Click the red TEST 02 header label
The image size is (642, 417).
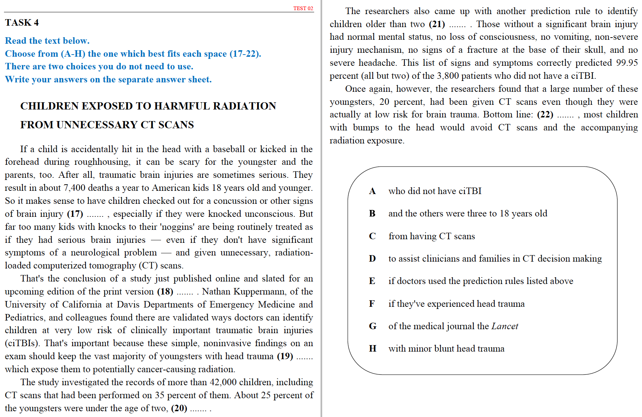click(303, 8)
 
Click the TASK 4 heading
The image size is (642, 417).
click(22, 23)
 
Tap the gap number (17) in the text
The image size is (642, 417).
click(75, 214)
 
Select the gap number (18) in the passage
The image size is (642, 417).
click(165, 292)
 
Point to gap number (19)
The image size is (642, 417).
click(285, 356)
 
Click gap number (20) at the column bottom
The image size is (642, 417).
click(179, 408)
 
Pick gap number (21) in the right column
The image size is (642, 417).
click(437, 24)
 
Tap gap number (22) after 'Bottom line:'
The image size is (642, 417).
click(545, 115)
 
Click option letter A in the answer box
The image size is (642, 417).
click(372, 191)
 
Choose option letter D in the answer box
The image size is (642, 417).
click(372, 259)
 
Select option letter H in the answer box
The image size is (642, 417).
click(372, 349)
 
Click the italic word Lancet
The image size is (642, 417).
click(505, 326)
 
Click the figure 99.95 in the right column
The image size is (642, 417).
click(627, 63)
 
